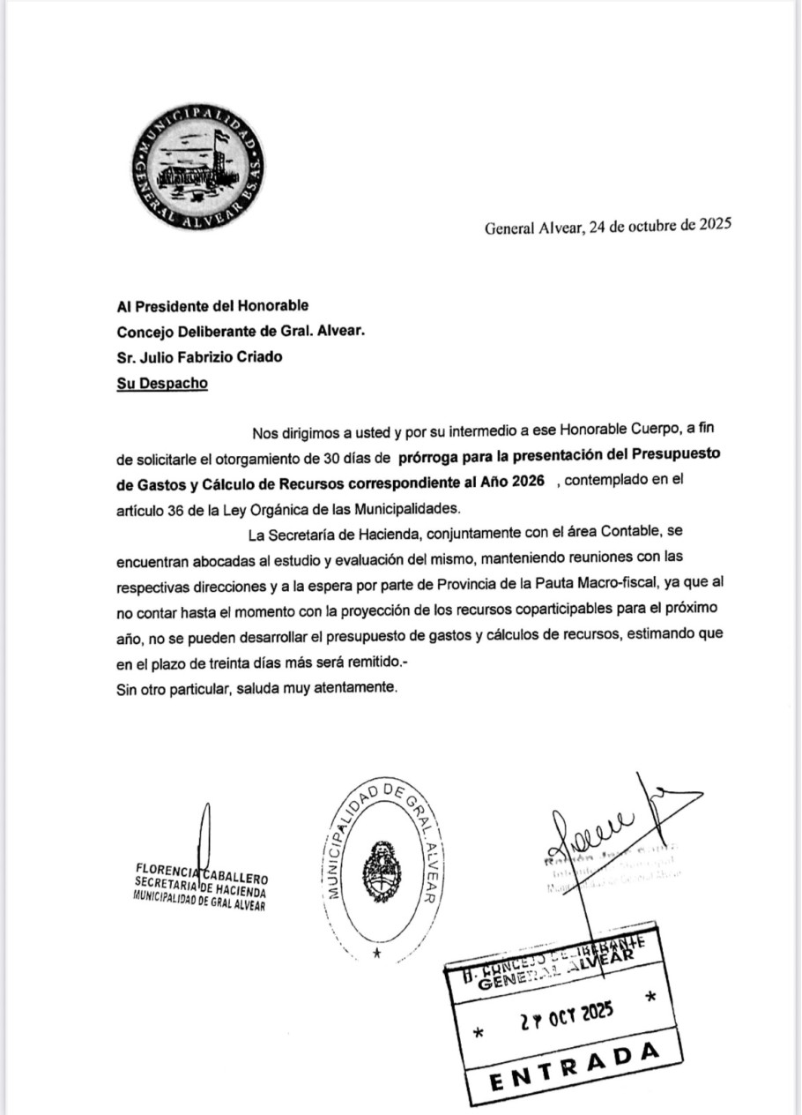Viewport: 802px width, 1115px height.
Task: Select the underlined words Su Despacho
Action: click(162, 385)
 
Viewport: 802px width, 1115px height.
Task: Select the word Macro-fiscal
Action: click(608, 585)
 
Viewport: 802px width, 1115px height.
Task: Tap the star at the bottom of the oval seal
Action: click(377, 954)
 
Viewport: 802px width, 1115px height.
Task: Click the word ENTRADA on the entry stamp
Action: click(574, 1066)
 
